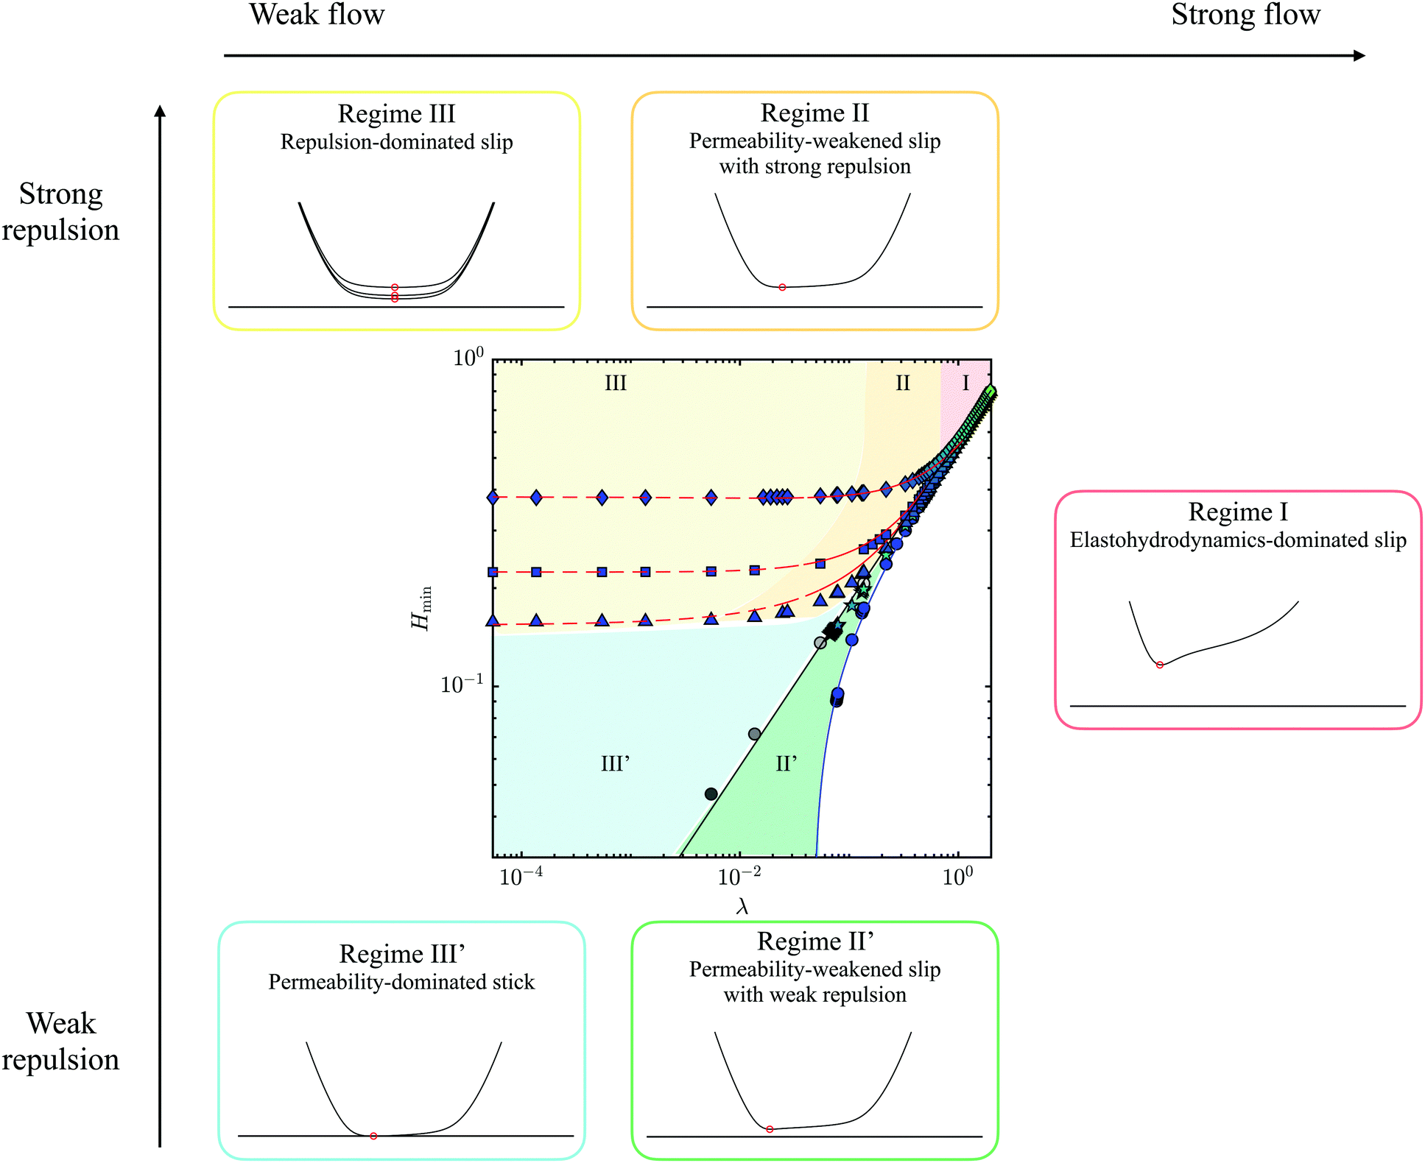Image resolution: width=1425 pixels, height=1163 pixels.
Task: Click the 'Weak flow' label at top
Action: (x=317, y=15)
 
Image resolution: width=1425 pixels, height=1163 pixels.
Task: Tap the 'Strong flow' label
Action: (x=1245, y=15)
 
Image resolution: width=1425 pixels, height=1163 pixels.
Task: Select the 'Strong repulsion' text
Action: (x=60, y=212)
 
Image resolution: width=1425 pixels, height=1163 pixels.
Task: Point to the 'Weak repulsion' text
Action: (x=60, y=1041)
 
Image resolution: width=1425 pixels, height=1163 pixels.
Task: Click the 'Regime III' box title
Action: (x=396, y=114)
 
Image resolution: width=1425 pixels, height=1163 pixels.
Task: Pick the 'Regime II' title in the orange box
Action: (x=814, y=113)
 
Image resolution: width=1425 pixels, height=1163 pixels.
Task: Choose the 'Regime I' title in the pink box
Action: (x=1238, y=512)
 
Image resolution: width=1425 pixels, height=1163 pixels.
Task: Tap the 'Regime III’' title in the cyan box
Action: (x=401, y=954)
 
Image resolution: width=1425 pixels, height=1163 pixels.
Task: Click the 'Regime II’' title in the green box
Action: (x=814, y=941)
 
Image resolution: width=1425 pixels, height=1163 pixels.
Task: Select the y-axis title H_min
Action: (x=422, y=608)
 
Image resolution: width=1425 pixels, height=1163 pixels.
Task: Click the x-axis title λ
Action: (x=742, y=907)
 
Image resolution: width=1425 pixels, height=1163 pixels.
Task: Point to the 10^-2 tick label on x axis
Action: (x=739, y=877)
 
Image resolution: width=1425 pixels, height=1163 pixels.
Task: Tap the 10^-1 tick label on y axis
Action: (x=462, y=684)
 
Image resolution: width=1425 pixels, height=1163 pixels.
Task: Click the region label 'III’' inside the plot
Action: (x=615, y=763)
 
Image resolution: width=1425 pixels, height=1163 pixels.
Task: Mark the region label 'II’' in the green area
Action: (x=787, y=763)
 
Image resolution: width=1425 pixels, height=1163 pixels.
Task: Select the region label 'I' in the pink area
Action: (x=965, y=383)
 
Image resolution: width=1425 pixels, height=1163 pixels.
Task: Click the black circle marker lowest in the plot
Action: (x=711, y=793)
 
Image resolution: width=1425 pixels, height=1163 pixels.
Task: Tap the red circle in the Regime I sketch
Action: (x=1160, y=665)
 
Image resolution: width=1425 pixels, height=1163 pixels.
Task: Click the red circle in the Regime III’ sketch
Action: (x=373, y=1136)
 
